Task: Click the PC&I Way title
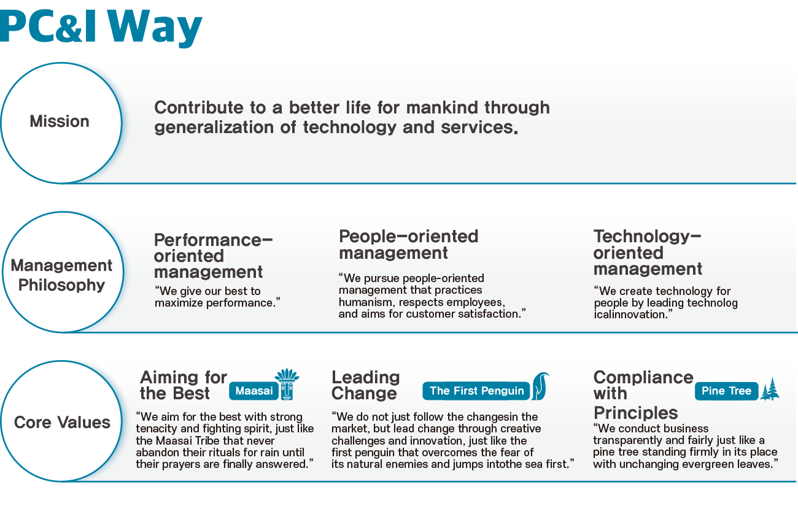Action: (x=101, y=28)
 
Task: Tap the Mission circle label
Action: (x=60, y=121)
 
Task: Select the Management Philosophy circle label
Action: (x=61, y=275)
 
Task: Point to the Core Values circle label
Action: (x=62, y=423)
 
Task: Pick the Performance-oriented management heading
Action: (x=214, y=256)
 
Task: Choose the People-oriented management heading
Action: (x=409, y=245)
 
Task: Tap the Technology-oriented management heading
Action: (x=648, y=252)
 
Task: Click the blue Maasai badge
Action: (x=254, y=391)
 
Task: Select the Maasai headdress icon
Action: (x=287, y=384)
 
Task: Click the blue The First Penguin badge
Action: (x=476, y=391)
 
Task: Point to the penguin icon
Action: (x=540, y=386)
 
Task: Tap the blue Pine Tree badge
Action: (x=726, y=391)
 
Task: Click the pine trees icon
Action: (x=770, y=389)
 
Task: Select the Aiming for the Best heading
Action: (x=184, y=386)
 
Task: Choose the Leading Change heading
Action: (x=365, y=386)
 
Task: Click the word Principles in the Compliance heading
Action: (x=635, y=413)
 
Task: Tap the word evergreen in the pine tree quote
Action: (x=705, y=464)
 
